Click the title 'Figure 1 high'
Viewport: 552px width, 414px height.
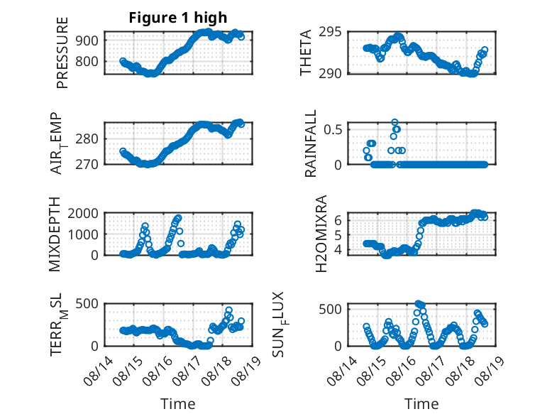coord(178,18)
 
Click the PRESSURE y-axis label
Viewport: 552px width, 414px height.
coord(62,53)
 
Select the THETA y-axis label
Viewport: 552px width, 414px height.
coord(306,53)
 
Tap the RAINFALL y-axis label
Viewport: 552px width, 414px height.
coord(311,143)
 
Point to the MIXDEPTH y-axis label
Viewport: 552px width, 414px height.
coord(55,234)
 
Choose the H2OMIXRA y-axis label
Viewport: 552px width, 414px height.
coord(321,234)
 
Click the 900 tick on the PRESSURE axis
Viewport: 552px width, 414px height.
coord(87,40)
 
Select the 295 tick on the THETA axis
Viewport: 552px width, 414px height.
coord(330,32)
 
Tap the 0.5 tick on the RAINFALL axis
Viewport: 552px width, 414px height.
coord(333,129)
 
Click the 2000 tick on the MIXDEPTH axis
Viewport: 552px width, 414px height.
coord(83,213)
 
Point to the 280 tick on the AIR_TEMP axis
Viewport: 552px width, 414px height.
coord(87,138)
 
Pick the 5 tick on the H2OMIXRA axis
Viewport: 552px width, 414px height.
coord(338,235)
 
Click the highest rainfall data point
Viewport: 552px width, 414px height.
coord(394,122)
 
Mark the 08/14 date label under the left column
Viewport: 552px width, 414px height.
coord(98,371)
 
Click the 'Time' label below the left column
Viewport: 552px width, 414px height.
coord(178,404)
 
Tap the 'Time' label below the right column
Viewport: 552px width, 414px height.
coord(421,404)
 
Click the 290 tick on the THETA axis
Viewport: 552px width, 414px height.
coord(330,74)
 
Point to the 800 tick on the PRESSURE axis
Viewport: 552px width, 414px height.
coord(87,61)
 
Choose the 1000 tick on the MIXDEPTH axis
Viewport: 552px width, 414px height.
coord(83,234)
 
